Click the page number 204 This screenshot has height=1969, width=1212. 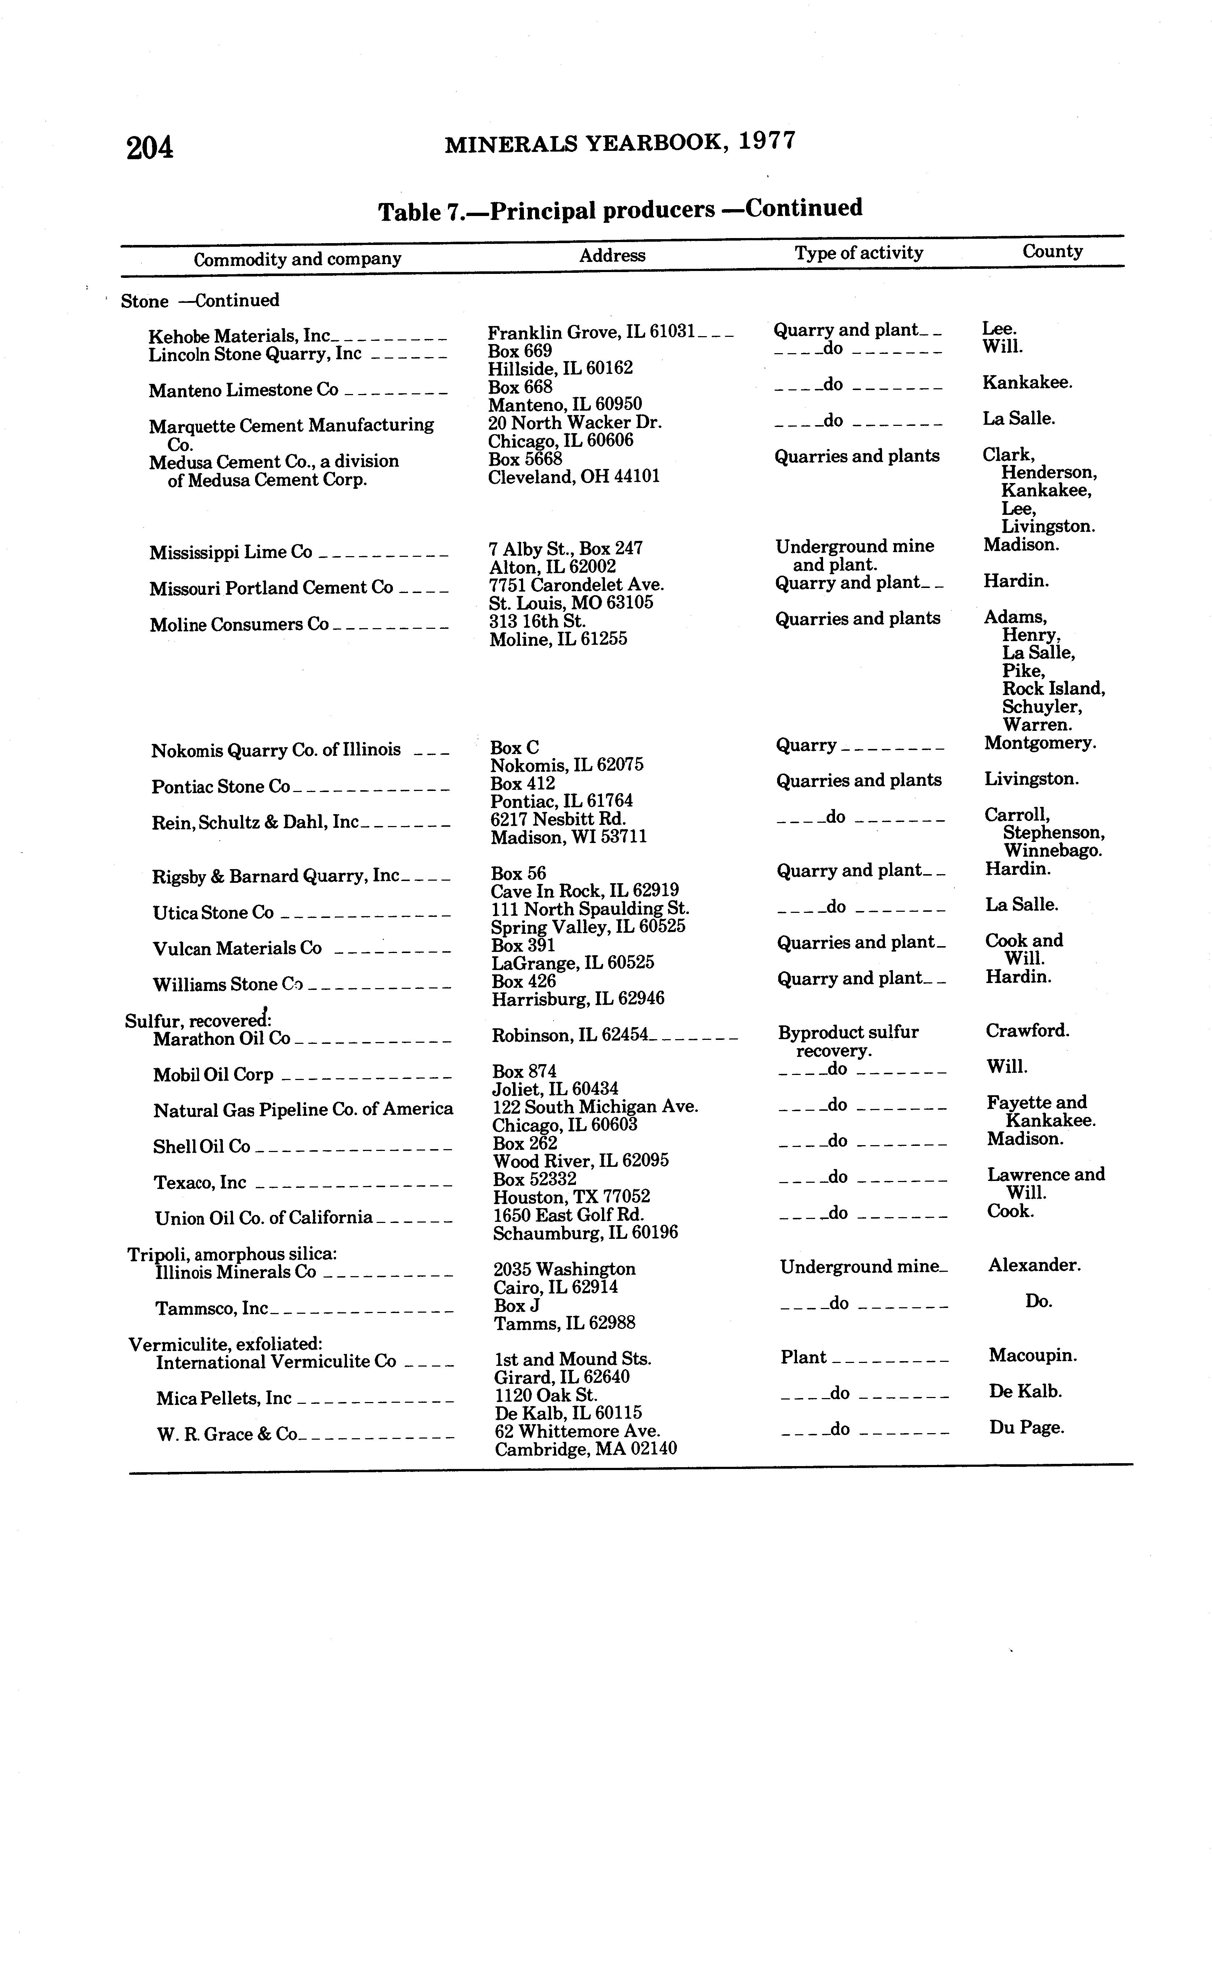[x=150, y=148]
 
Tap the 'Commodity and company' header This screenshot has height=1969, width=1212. [x=297, y=259]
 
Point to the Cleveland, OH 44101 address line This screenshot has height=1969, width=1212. [x=574, y=477]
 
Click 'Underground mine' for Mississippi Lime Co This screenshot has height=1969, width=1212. [x=855, y=547]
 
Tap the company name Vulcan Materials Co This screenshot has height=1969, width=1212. [x=237, y=949]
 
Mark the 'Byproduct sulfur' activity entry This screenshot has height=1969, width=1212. [x=848, y=1032]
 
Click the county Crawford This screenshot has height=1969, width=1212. [x=1027, y=1032]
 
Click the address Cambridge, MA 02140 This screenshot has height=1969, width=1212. [x=585, y=1449]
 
